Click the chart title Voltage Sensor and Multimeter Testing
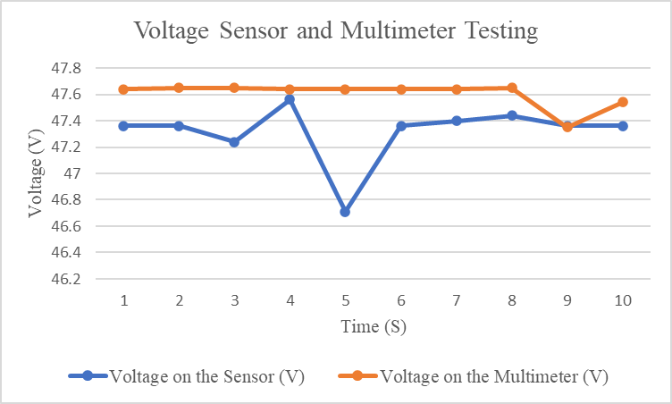click(336, 31)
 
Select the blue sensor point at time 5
click(345, 212)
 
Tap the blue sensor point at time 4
click(290, 99)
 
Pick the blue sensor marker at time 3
click(234, 142)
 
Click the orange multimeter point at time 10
click(623, 102)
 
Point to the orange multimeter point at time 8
click(512, 88)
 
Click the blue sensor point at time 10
click(623, 126)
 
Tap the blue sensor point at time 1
click(123, 126)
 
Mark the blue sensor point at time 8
click(512, 115)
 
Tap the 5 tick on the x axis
click(345, 300)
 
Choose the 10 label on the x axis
click(623, 300)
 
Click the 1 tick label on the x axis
click(123, 300)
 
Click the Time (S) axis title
click(374, 327)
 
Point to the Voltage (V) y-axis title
click(35, 173)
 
